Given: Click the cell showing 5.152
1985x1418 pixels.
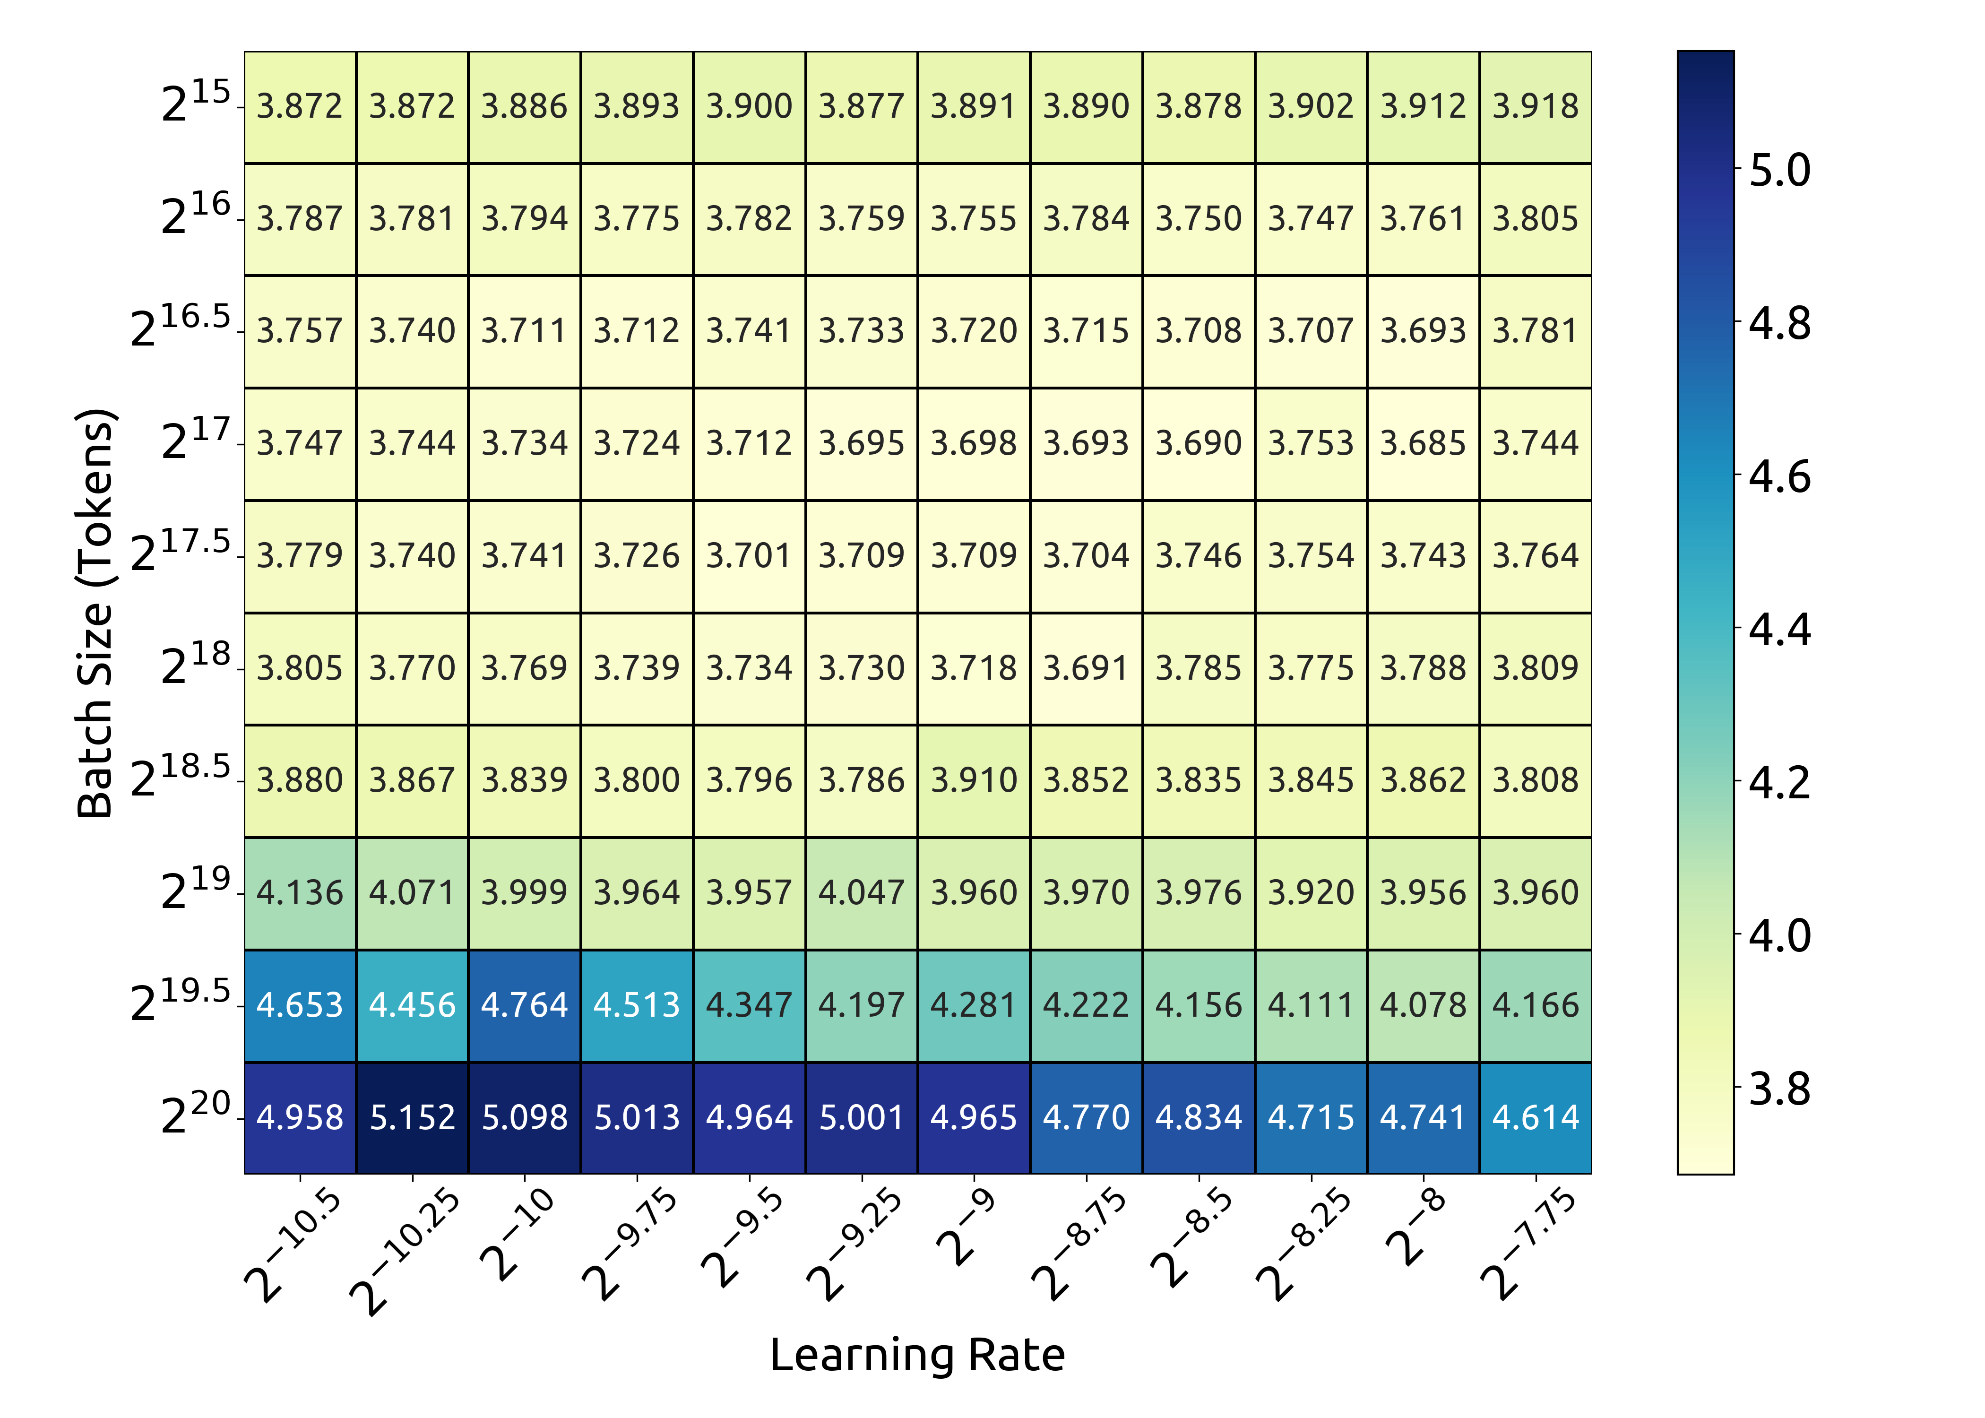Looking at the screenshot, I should pos(412,1118).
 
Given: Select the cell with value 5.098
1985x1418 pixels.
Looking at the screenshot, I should pos(525,1118).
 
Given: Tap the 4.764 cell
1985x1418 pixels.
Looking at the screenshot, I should pos(525,1005).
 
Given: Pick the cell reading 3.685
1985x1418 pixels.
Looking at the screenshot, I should pos(1423,443).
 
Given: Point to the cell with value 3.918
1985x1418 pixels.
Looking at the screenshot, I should pos(1536,106).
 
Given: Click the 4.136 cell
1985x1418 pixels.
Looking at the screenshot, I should pos(300,892).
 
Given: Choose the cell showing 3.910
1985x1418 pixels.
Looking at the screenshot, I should pos(973,780).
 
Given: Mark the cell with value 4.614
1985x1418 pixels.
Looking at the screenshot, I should pos(1536,1118).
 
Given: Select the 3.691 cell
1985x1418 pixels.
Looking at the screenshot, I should pos(1086,668).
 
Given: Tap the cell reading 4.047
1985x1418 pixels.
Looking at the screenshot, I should pos(862,892).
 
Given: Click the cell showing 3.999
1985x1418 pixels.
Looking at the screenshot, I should pos(525,892).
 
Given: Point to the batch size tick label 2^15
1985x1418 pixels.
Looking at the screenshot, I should pos(197,102).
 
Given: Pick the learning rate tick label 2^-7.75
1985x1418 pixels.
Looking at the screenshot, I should pos(1528,1244).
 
